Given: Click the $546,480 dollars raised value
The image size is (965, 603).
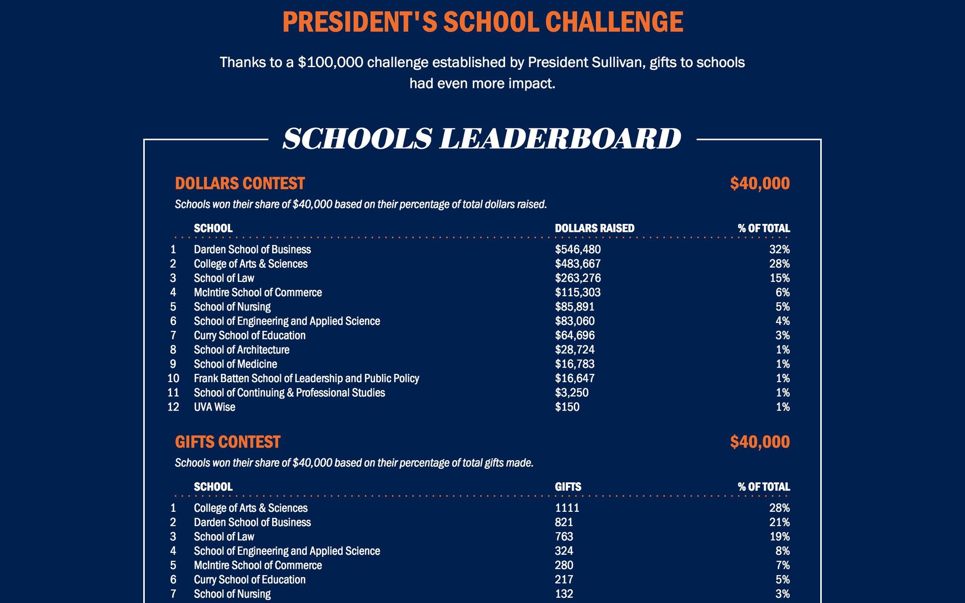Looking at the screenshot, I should (x=578, y=249).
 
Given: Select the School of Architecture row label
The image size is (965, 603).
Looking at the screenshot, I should (x=241, y=350).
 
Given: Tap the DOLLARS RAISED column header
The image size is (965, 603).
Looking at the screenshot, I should (x=594, y=228).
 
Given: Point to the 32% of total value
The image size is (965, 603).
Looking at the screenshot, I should (x=779, y=249).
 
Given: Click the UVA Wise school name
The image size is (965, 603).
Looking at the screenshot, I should (x=214, y=407).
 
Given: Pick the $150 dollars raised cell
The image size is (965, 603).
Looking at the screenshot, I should (x=567, y=407).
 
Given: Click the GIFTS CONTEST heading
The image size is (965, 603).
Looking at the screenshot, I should (x=227, y=442).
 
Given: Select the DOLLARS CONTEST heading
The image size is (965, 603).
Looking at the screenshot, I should (x=240, y=183).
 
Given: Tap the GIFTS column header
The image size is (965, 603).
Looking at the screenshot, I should (x=568, y=487).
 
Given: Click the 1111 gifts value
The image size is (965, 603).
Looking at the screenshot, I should (x=567, y=508).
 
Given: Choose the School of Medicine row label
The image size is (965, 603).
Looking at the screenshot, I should (x=235, y=364).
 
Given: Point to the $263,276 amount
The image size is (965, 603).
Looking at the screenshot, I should (x=578, y=278).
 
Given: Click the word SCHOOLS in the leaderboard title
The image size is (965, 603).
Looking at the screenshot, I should (x=357, y=139).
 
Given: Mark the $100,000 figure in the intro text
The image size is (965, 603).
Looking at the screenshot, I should (x=331, y=62).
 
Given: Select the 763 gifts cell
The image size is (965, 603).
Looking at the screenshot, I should (x=564, y=536).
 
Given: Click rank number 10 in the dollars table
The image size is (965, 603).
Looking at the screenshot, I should (x=173, y=378).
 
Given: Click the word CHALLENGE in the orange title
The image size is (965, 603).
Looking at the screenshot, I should (x=614, y=22).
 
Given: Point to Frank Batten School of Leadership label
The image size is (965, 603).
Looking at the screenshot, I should (x=306, y=378).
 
